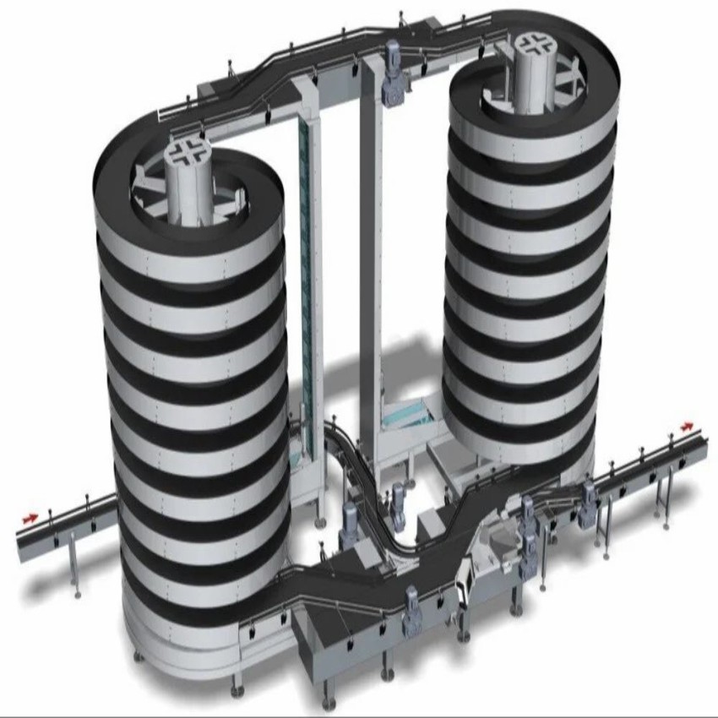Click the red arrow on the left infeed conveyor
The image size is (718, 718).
point(30,517)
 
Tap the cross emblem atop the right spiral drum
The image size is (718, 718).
point(531,44)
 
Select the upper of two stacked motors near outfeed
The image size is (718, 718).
point(529,512)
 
